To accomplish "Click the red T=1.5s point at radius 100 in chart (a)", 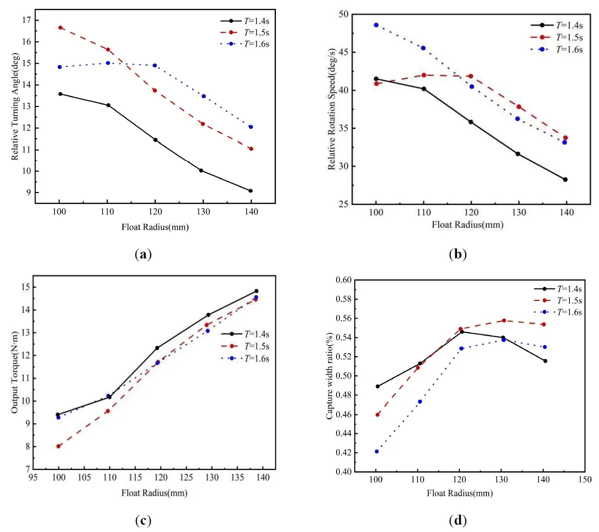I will tap(60, 27).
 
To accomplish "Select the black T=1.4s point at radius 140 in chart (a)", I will tap(250, 191).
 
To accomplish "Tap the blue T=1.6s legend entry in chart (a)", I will tap(245, 44).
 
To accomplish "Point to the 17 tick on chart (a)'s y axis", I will tap(26, 20).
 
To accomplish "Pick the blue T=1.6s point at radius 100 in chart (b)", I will tap(376, 25).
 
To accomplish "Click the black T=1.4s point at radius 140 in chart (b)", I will tap(565, 180).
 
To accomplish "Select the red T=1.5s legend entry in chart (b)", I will tap(557, 37).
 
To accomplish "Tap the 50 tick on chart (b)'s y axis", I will tap(343, 14).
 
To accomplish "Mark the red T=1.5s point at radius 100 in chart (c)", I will tap(58, 446).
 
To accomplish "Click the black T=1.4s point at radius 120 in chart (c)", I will tap(157, 348).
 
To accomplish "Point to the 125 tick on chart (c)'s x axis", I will tap(186, 477).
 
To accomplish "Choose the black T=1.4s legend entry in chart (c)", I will tap(245, 334).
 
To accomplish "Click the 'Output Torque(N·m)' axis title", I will tap(15, 372).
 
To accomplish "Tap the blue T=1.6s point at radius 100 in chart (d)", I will tap(377, 452).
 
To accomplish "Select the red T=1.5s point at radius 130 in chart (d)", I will tap(504, 320).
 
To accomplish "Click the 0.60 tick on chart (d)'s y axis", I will tap(344, 280).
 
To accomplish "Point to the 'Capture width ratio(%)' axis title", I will tap(330, 376).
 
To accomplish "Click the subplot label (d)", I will tap(457, 520).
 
